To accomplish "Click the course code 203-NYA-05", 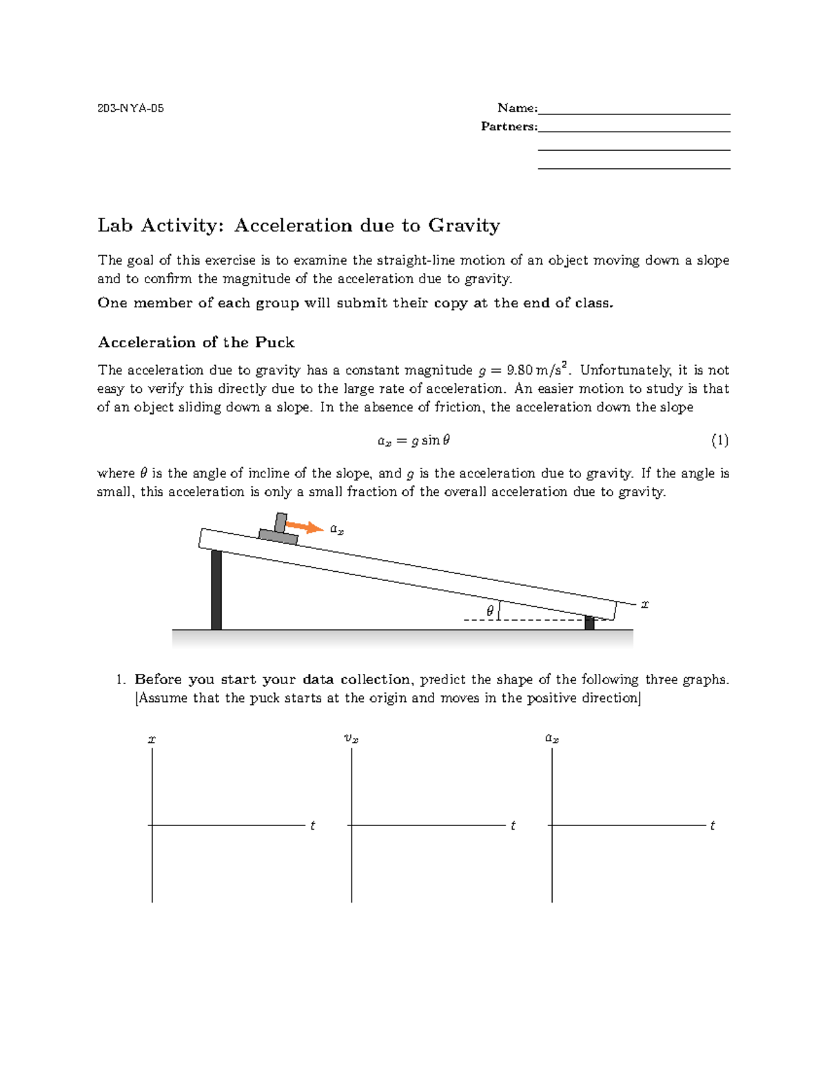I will pyautogui.click(x=131, y=108).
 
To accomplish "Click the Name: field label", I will pyautogui.click(x=517, y=107).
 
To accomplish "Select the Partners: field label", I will pyautogui.click(x=509, y=126).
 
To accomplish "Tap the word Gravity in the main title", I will pyautogui.click(x=464, y=225).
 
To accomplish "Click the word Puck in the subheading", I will pyautogui.click(x=274, y=342).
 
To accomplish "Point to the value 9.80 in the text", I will pyautogui.click(x=518, y=370).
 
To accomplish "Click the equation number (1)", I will pyautogui.click(x=719, y=440).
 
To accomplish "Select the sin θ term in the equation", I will pyautogui.click(x=436, y=440).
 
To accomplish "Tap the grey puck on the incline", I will pyautogui.click(x=278, y=532).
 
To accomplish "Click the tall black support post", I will pyautogui.click(x=216, y=590).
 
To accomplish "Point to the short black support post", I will pyautogui.click(x=589, y=623).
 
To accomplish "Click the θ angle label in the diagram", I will pyautogui.click(x=490, y=611).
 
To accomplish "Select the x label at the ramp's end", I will pyautogui.click(x=645, y=604).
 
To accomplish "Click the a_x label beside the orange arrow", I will pyautogui.click(x=337, y=529).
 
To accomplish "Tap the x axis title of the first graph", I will pyautogui.click(x=152, y=739).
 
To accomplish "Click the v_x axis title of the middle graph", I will pyautogui.click(x=351, y=739).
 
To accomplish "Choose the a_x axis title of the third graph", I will pyautogui.click(x=552, y=739).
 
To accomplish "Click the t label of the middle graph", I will pyautogui.click(x=513, y=825).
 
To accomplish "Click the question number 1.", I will pyautogui.click(x=120, y=679).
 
